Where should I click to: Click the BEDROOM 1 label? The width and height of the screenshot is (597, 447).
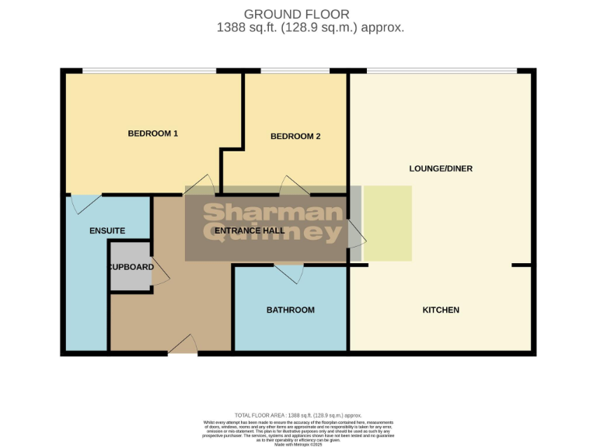click(153, 133)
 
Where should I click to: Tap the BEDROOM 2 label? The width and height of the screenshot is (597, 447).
click(295, 137)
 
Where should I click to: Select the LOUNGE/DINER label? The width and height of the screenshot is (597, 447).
click(441, 168)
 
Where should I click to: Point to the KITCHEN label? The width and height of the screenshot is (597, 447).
click(441, 310)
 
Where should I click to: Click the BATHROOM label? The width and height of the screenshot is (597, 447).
click(291, 310)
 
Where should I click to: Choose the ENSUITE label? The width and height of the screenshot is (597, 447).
click(107, 231)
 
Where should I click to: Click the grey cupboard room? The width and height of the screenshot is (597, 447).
click(129, 267)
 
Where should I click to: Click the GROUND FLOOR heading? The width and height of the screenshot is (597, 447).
click(297, 14)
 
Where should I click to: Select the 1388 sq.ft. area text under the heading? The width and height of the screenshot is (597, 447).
click(310, 28)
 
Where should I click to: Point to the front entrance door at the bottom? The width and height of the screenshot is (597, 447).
click(183, 345)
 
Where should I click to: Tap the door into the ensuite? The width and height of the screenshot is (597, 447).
click(85, 203)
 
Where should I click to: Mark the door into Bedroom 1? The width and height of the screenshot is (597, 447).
click(199, 186)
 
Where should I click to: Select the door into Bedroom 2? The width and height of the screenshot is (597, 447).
click(295, 186)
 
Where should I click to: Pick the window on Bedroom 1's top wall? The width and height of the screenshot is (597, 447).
click(149, 71)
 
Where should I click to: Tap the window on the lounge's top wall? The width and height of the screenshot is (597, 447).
click(441, 71)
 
